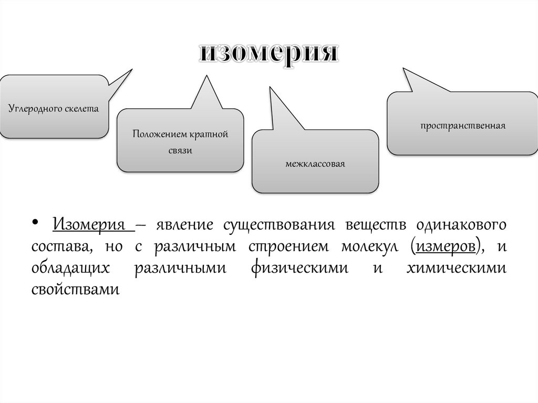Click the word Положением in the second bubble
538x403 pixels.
[156, 135]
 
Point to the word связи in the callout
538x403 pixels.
[180, 151]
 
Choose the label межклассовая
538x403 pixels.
[315, 164]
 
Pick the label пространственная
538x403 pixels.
[462, 126]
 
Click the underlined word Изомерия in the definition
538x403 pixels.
[92, 225]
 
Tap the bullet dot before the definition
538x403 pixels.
[35, 224]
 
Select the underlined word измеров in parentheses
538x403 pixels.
[445, 246]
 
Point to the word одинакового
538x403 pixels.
[461, 225]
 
